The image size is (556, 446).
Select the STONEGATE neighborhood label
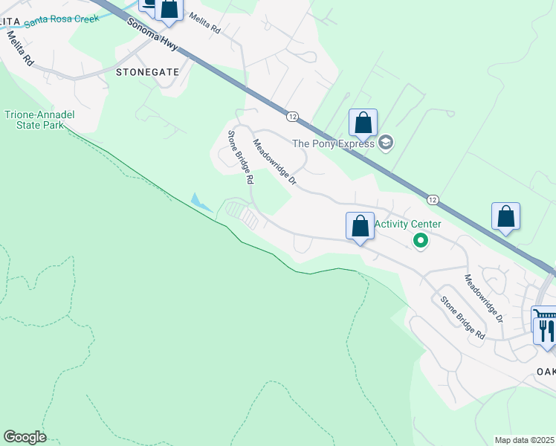click(144, 72)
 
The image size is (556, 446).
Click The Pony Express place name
click(333, 143)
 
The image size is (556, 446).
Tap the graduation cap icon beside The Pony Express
click(385, 142)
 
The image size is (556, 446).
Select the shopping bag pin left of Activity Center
click(360, 226)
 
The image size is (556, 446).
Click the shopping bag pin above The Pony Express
click(363, 123)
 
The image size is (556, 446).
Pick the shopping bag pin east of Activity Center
click(505, 216)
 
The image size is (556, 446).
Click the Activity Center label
click(407, 224)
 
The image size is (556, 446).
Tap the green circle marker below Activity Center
click(420, 240)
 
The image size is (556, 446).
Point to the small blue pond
click(198, 201)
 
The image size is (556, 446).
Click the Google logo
click(25, 437)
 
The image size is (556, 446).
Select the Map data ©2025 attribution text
click(525, 440)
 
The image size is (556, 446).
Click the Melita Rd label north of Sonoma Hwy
click(204, 23)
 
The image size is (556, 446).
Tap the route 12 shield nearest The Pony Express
click(292, 116)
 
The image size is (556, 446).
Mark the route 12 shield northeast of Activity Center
click(432, 199)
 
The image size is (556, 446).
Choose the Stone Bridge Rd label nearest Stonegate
click(241, 157)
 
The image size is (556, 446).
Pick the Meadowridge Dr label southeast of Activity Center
click(483, 297)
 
